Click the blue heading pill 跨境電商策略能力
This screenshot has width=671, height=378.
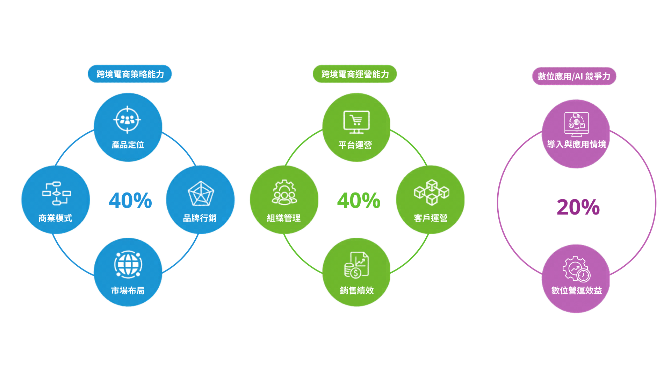point(130,74)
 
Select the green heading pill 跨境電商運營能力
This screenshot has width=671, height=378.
point(355,74)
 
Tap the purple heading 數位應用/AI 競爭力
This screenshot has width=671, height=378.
point(574,76)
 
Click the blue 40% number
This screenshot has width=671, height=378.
point(130,201)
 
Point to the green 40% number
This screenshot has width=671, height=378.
point(359,201)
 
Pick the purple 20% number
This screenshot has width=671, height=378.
point(578,207)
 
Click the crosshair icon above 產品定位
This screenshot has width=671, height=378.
point(127,120)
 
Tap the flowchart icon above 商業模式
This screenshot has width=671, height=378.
point(56,193)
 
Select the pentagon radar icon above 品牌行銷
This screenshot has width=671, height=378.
point(201,194)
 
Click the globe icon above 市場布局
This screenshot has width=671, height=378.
point(128,265)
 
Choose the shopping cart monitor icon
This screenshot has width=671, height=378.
point(356,122)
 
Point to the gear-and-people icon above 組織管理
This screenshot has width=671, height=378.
point(284,192)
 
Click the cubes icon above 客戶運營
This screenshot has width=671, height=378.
point(432,192)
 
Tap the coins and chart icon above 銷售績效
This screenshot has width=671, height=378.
point(356,265)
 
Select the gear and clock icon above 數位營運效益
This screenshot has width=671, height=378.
point(576,269)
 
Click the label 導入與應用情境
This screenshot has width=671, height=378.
point(577,144)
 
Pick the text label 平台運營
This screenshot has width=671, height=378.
point(355,145)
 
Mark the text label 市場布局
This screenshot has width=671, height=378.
point(128,290)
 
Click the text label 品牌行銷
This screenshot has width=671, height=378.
point(200,218)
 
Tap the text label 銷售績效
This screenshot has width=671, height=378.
point(357,290)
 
